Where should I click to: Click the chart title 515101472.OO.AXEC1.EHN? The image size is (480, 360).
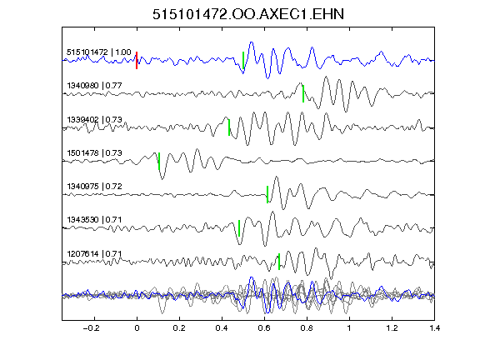pyautogui.click(x=248, y=14)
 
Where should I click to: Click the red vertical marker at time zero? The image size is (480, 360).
pyautogui.click(x=137, y=60)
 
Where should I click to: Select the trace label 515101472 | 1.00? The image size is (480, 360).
pyautogui.click(x=99, y=52)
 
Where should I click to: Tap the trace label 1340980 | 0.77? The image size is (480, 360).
pyautogui.click(x=95, y=85)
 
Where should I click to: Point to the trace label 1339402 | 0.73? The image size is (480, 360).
pyautogui.click(x=95, y=119)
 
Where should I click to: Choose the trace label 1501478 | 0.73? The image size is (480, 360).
pyautogui.click(x=95, y=152)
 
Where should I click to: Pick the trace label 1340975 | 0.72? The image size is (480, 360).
pyautogui.click(x=95, y=186)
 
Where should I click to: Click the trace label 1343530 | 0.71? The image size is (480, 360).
pyautogui.click(x=95, y=220)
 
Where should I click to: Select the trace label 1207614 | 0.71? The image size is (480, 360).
pyautogui.click(x=95, y=254)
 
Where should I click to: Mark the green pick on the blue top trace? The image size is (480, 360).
pyautogui.click(x=243, y=60)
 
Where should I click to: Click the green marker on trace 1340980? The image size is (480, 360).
pyautogui.click(x=303, y=93)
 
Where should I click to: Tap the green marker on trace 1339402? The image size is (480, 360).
pyautogui.click(x=229, y=127)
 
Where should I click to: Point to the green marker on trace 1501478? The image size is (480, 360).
pyautogui.click(x=159, y=161)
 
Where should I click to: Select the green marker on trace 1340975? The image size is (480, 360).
pyautogui.click(x=267, y=194)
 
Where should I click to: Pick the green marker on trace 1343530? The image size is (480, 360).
pyautogui.click(x=239, y=228)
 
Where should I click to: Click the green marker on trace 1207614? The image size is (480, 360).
pyautogui.click(x=279, y=262)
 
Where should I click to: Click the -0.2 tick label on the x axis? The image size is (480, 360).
pyautogui.click(x=91, y=328)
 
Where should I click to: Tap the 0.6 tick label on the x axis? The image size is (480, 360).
pyautogui.click(x=264, y=328)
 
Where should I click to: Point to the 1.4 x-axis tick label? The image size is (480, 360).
pyautogui.click(x=434, y=328)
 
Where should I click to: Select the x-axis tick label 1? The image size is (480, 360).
pyautogui.click(x=349, y=328)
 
